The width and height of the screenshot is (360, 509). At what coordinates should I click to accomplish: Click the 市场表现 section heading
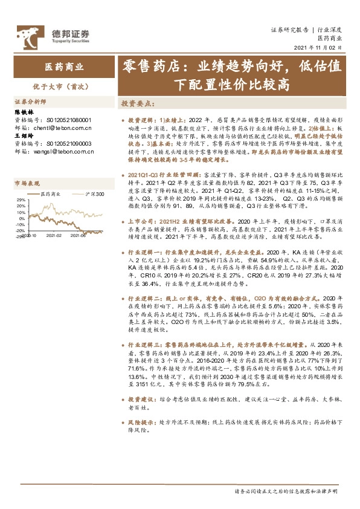click(27, 183)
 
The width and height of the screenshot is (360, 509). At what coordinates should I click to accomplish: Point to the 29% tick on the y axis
click(21, 199)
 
